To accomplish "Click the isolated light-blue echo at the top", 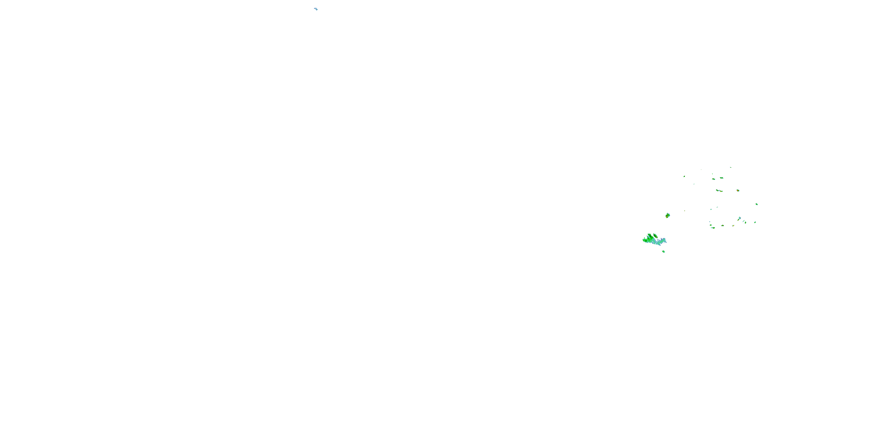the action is pos(316,9).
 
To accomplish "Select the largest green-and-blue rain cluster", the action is pos(653,240).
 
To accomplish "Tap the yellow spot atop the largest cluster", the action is pos(655,236).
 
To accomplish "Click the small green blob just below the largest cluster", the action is pos(663,251).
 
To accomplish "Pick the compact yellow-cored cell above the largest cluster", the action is pos(668,215).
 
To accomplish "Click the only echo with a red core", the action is pos(738,191).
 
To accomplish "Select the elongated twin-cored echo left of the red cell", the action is pos(719,191).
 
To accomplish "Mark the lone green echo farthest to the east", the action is pos(756,204).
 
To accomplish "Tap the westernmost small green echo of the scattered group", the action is pos(684,176).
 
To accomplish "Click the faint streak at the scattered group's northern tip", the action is pos(730,168).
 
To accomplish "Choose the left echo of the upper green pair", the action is pos(714,179).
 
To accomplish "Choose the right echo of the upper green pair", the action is pos(722,178).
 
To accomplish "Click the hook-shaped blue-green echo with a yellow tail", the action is pos(739,219).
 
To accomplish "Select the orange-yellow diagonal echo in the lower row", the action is pos(733,226).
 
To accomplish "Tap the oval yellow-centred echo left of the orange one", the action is pos(723,226).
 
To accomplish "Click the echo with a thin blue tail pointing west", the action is pos(713,227).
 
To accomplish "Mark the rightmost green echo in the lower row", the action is pos(755,222).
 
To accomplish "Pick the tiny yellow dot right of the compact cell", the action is pos(684,211).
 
